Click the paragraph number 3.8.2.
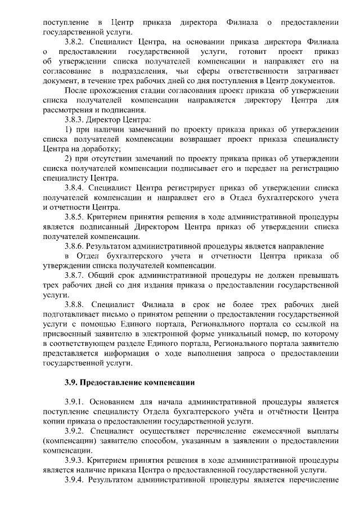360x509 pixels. (x=75, y=42)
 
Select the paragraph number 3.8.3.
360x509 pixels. (x=75, y=120)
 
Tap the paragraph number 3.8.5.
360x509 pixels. (x=75, y=217)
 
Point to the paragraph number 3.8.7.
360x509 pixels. (x=75, y=274)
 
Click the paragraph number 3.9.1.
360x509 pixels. (x=75, y=402)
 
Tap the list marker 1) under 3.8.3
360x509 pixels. (x=69, y=129)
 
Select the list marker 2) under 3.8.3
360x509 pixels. (x=69, y=159)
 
